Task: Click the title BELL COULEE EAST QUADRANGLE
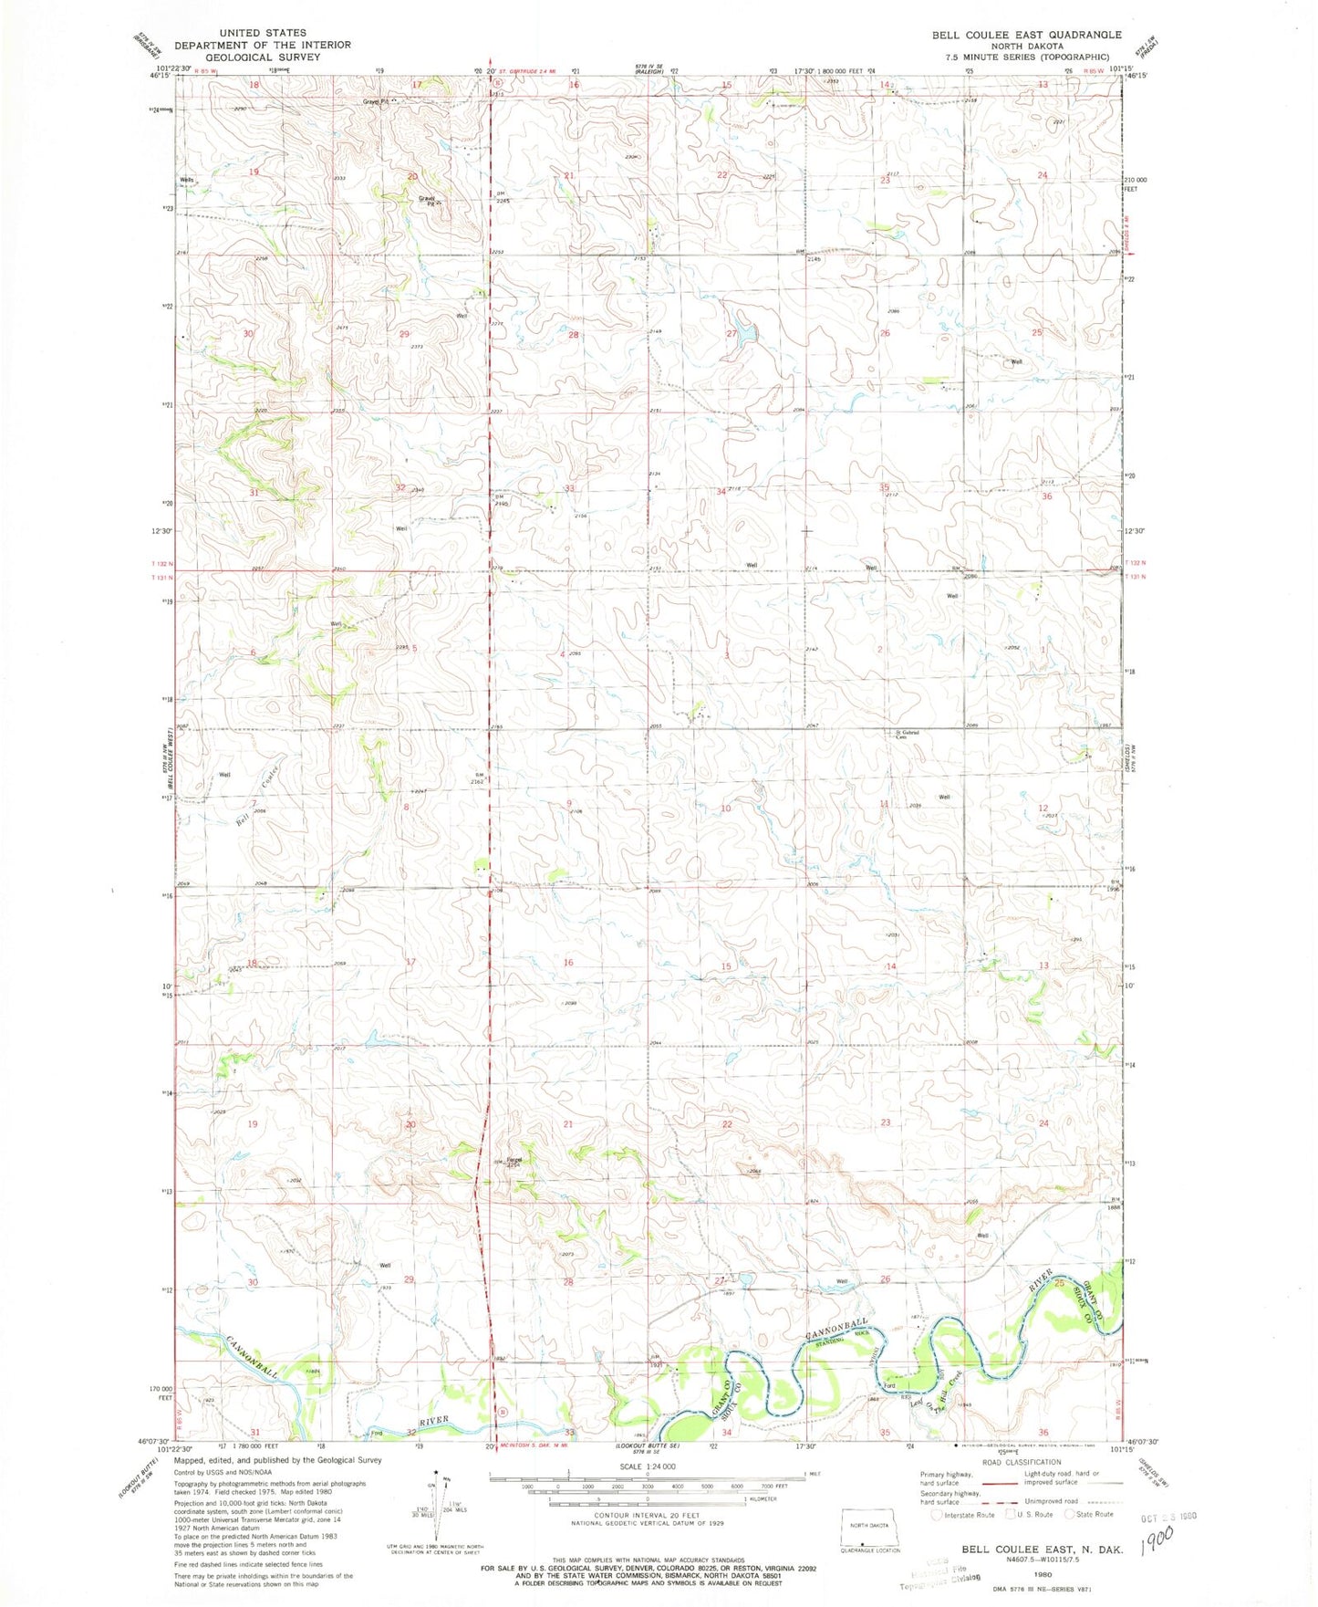1026,34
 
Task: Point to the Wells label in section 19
187,180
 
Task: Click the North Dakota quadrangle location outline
869,1519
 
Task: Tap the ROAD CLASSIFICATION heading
1022,1462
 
